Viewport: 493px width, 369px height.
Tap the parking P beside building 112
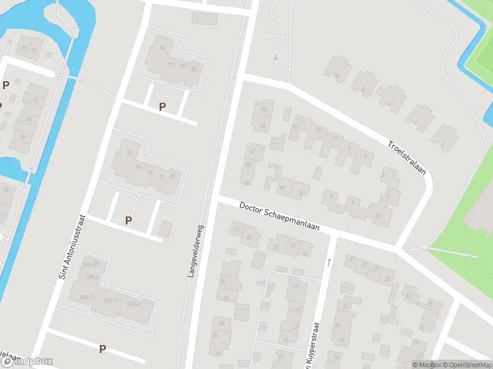[x=162, y=106]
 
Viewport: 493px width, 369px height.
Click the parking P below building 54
[x=128, y=220]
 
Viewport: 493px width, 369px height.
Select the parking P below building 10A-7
[x=102, y=349]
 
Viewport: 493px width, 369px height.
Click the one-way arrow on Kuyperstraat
[x=329, y=262]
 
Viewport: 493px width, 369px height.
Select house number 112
[x=171, y=66]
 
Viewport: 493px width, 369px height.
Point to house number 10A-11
[x=112, y=300]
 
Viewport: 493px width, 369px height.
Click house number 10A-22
[x=90, y=264]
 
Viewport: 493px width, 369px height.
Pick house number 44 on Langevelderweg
[x=263, y=126]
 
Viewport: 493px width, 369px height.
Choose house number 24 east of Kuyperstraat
[x=346, y=306]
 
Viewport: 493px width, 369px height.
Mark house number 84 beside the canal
[x=23, y=137]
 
